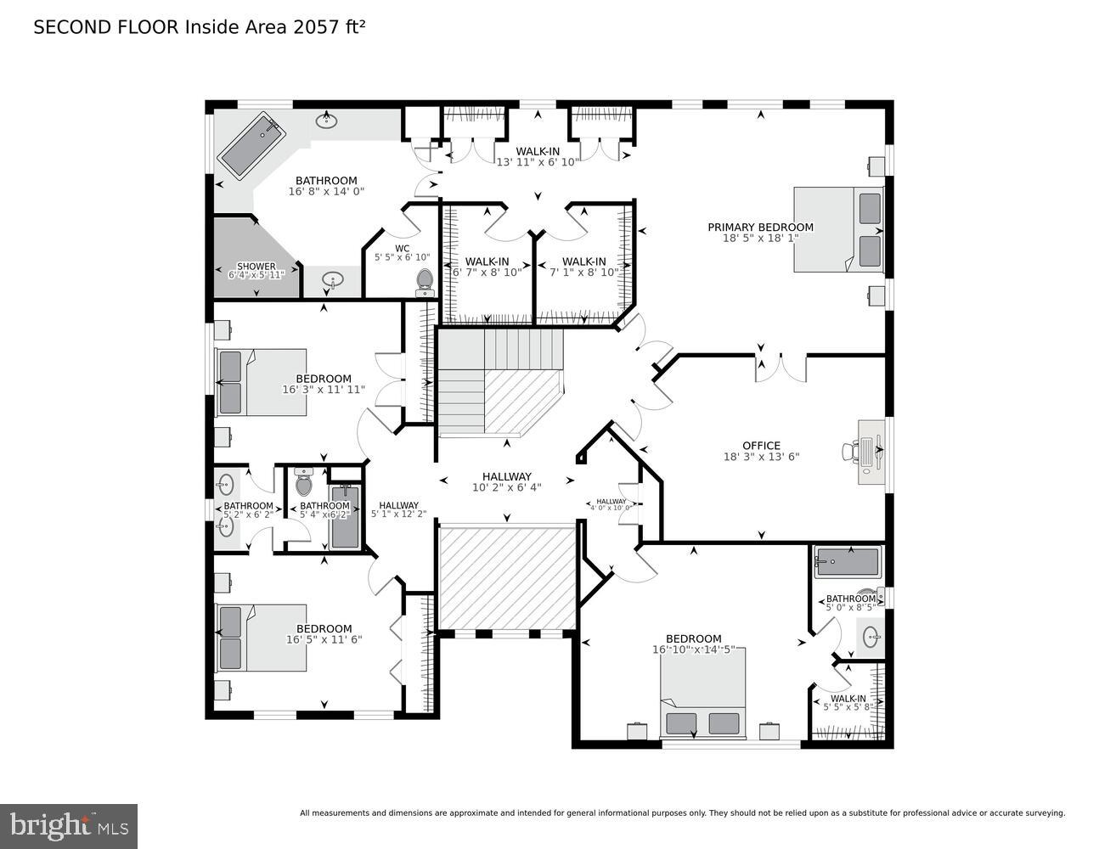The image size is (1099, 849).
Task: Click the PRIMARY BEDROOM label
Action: (x=760, y=227)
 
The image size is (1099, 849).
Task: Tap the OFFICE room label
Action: (x=760, y=446)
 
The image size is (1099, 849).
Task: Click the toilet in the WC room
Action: (x=425, y=281)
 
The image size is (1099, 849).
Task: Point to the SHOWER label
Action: (x=256, y=267)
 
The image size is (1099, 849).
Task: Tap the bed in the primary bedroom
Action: (x=837, y=229)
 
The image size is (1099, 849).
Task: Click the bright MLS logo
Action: (x=69, y=826)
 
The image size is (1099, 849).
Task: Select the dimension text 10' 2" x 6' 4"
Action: (x=506, y=487)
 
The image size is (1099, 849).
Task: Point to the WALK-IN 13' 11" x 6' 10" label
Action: (x=537, y=156)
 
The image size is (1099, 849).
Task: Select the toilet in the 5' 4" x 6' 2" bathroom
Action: (x=304, y=484)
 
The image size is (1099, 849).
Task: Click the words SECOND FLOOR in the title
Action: (x=106, y=27)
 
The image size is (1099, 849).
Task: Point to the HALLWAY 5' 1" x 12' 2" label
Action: (x=398, y=509)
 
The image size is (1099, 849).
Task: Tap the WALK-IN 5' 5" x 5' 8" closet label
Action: (x=848, y=702)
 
